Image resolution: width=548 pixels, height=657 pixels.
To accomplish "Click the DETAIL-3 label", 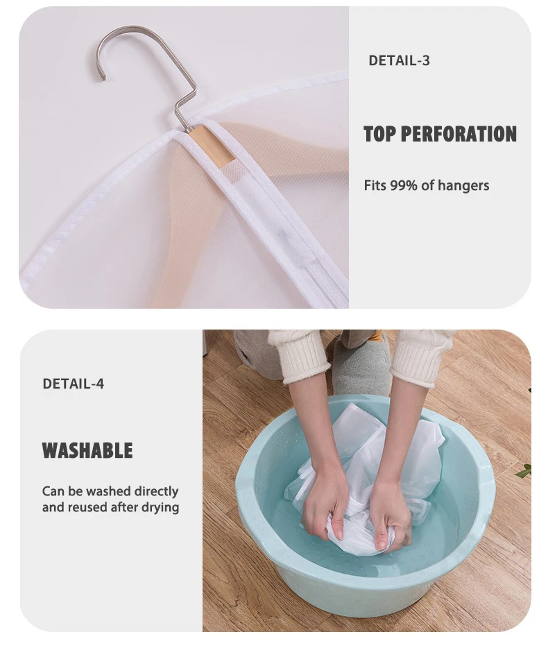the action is pos(399,61).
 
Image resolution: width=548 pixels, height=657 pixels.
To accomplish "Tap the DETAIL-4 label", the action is pos(74,384).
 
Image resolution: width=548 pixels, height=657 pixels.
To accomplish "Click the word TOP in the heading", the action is pos(379,134).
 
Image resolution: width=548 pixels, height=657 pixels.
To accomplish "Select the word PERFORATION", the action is pos(459,134).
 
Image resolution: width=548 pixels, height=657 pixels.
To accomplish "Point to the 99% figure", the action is pos(404,185).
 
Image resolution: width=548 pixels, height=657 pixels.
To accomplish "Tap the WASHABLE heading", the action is pos(87,450).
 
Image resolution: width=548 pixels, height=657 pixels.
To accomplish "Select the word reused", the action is pos(87,507).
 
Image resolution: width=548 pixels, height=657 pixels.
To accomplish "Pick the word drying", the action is pos(160,508).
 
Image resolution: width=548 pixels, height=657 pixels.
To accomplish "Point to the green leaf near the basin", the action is pos(524,471).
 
